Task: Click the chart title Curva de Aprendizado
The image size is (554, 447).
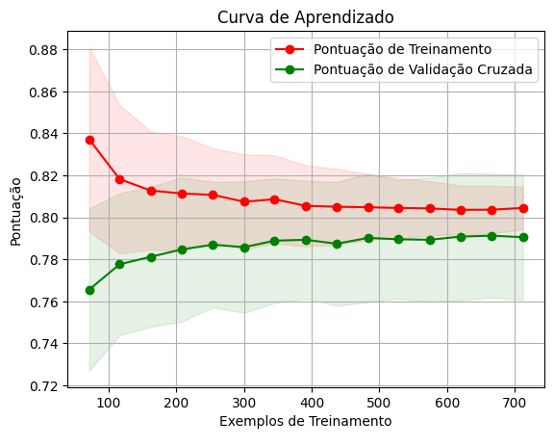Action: (x=306, y=17)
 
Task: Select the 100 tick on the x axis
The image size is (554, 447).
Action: (x=109, y=403)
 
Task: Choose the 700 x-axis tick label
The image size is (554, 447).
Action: (x=516, y=403)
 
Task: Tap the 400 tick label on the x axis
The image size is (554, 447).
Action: (x=312, y=403)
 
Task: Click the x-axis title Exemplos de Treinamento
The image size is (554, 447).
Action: (x=306, y=421)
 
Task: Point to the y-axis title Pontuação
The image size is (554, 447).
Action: (x=15, y=212)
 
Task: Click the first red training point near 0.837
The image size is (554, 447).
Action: (x=89, y=140)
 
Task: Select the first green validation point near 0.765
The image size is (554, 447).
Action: (x=89, y=291)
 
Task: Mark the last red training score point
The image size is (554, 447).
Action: (x=523, y=208)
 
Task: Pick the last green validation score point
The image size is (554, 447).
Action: (x=523, y=238)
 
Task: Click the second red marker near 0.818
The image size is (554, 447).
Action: (x=120, y=179)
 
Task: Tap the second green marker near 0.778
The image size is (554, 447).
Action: (x=120, y=264)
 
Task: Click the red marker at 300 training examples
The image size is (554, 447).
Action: (x=244, y=201)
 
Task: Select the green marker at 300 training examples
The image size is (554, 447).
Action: (x=244, y=249)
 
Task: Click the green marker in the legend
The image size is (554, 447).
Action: (x=290, y=69)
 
